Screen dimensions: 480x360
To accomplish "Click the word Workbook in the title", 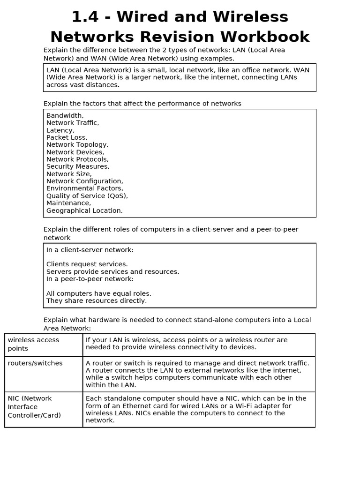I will pyautogui.click(x=268, y=37).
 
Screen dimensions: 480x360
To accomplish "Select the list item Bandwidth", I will pyautogui.click(x=65, y=115).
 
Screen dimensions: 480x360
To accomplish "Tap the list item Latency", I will pyautogui.click(x=60, y=130).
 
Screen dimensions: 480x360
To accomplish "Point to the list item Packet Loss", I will pyautogui.click(x=67, y=137).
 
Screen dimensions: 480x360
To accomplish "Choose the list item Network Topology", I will pyautogui.click(x=77, y=144).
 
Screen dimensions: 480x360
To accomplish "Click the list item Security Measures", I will pyautogui.click(x=77, y=166).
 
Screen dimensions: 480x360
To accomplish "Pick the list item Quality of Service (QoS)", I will pyautogui.click(x=87, y=195).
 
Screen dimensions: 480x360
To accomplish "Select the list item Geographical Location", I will pyautogui.click(x=84, y=210).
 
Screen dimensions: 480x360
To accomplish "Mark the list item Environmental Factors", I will pyautogui.click(x=84, y=188).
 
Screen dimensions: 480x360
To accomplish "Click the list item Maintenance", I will pyautogui.click(x=68, y=203).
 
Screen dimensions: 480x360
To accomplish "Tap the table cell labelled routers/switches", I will pyautogui.click(x=35, y=363).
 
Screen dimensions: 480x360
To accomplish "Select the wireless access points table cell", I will pyautogui.click(x=34, y=344).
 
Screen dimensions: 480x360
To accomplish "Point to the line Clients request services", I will pyautogui.click(x=87, y=264).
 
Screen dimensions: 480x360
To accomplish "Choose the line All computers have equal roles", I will pyautogui.click(x=98, y=293).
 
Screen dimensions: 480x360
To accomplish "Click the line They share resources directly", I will pyautogui.click(x=96, y=300).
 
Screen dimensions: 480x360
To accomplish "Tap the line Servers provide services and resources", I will pyautogui.click(x=112, y=271).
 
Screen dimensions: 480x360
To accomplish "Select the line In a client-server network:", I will pyautogui.click(x=90, y=250).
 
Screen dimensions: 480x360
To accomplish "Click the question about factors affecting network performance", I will pyautogui.click(x=142, y=103).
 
